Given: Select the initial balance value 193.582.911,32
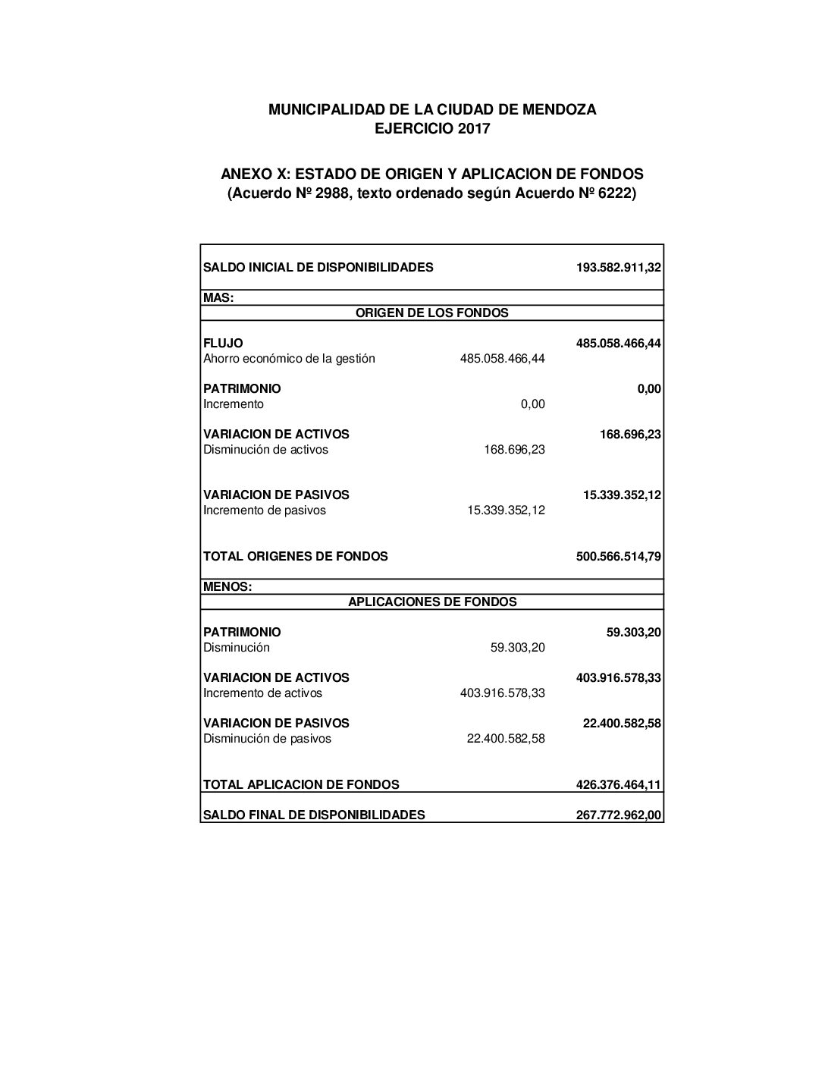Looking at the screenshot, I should pyautogui.click(x=619, y=267).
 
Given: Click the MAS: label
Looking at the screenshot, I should pyautogui.click(x=218, y=298).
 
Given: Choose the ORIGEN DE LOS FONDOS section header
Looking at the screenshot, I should pyautogui.click(x=432, y=313).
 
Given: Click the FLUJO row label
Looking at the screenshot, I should pyautogui.click(x=223, y=343).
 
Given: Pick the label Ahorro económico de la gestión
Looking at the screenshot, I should pyautogui.click(x=289, y=359).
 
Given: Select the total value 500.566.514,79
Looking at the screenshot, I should pyautogui.click(x=619, y=556).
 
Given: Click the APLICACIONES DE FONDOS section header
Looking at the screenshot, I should pyautogui.click(x=432, y=602).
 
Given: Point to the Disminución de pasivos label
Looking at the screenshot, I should pyautogui.click(x=267, y=739).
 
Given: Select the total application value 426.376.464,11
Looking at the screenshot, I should pyautogui.click(x=619, y=784).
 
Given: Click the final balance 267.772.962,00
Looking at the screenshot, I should pyautogui.click(x=619, y=815).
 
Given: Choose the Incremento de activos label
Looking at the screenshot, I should pyautogui.click(x=262, y=693).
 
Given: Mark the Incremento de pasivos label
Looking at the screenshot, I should pyautogui.click(x=265, y=510).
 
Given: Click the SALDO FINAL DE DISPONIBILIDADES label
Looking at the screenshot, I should pyautogui.click(x=314, y=815).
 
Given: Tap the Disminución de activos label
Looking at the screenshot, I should pyautogui.click(x=265, y=450).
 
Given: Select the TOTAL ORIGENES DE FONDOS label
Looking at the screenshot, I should pyautogui.click(x=295, y=556).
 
